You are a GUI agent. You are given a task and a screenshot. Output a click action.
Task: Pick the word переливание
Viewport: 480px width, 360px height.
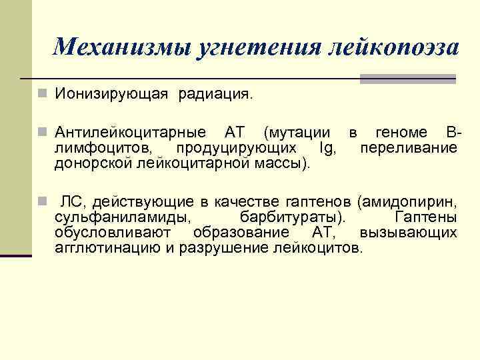409,147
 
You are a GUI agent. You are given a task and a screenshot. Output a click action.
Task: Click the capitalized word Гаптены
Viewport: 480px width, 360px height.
425,217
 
